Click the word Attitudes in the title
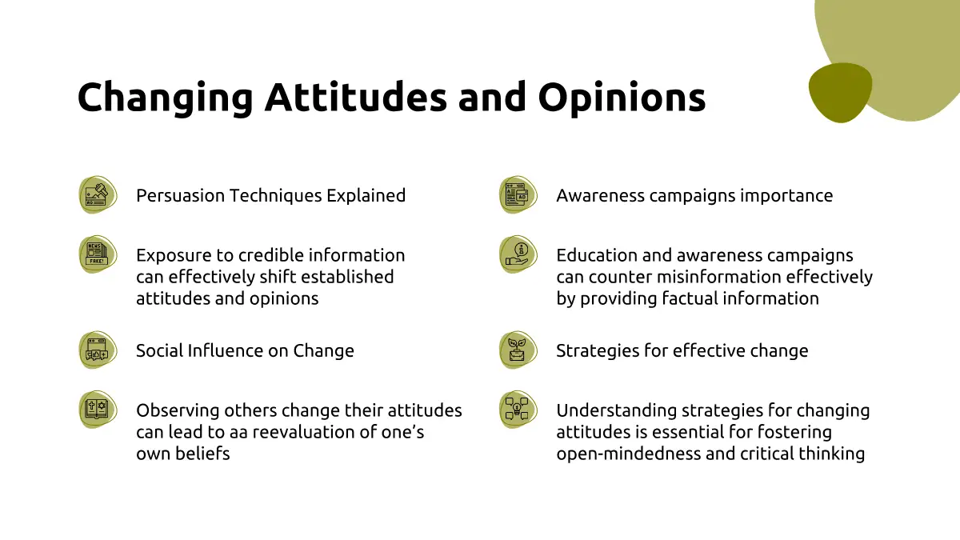click(356, 97)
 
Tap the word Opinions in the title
click(622, 98)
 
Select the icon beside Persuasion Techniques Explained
click(98, 194)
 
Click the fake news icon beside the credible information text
click(98, 254)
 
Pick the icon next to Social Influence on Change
click(98, 350)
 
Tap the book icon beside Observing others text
click(98, 410)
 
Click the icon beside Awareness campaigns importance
click(518, 194)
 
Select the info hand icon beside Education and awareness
click(518, 254)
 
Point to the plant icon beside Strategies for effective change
click(518, 350)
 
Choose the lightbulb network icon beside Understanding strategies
click(518, 410)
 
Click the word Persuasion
click(181, 195)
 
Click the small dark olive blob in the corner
click(840, 93)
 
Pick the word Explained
click(366, 196)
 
